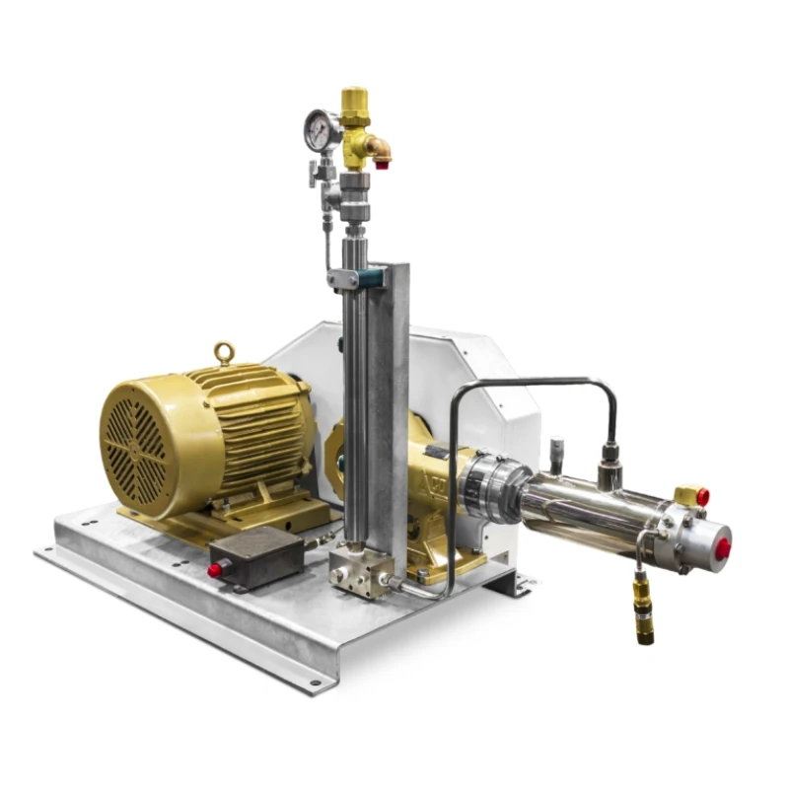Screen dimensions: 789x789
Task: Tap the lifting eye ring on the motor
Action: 224,353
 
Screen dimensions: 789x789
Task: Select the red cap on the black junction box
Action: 214,569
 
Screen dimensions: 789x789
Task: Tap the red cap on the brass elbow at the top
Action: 383,162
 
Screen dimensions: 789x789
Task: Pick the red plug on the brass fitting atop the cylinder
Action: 702,497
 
